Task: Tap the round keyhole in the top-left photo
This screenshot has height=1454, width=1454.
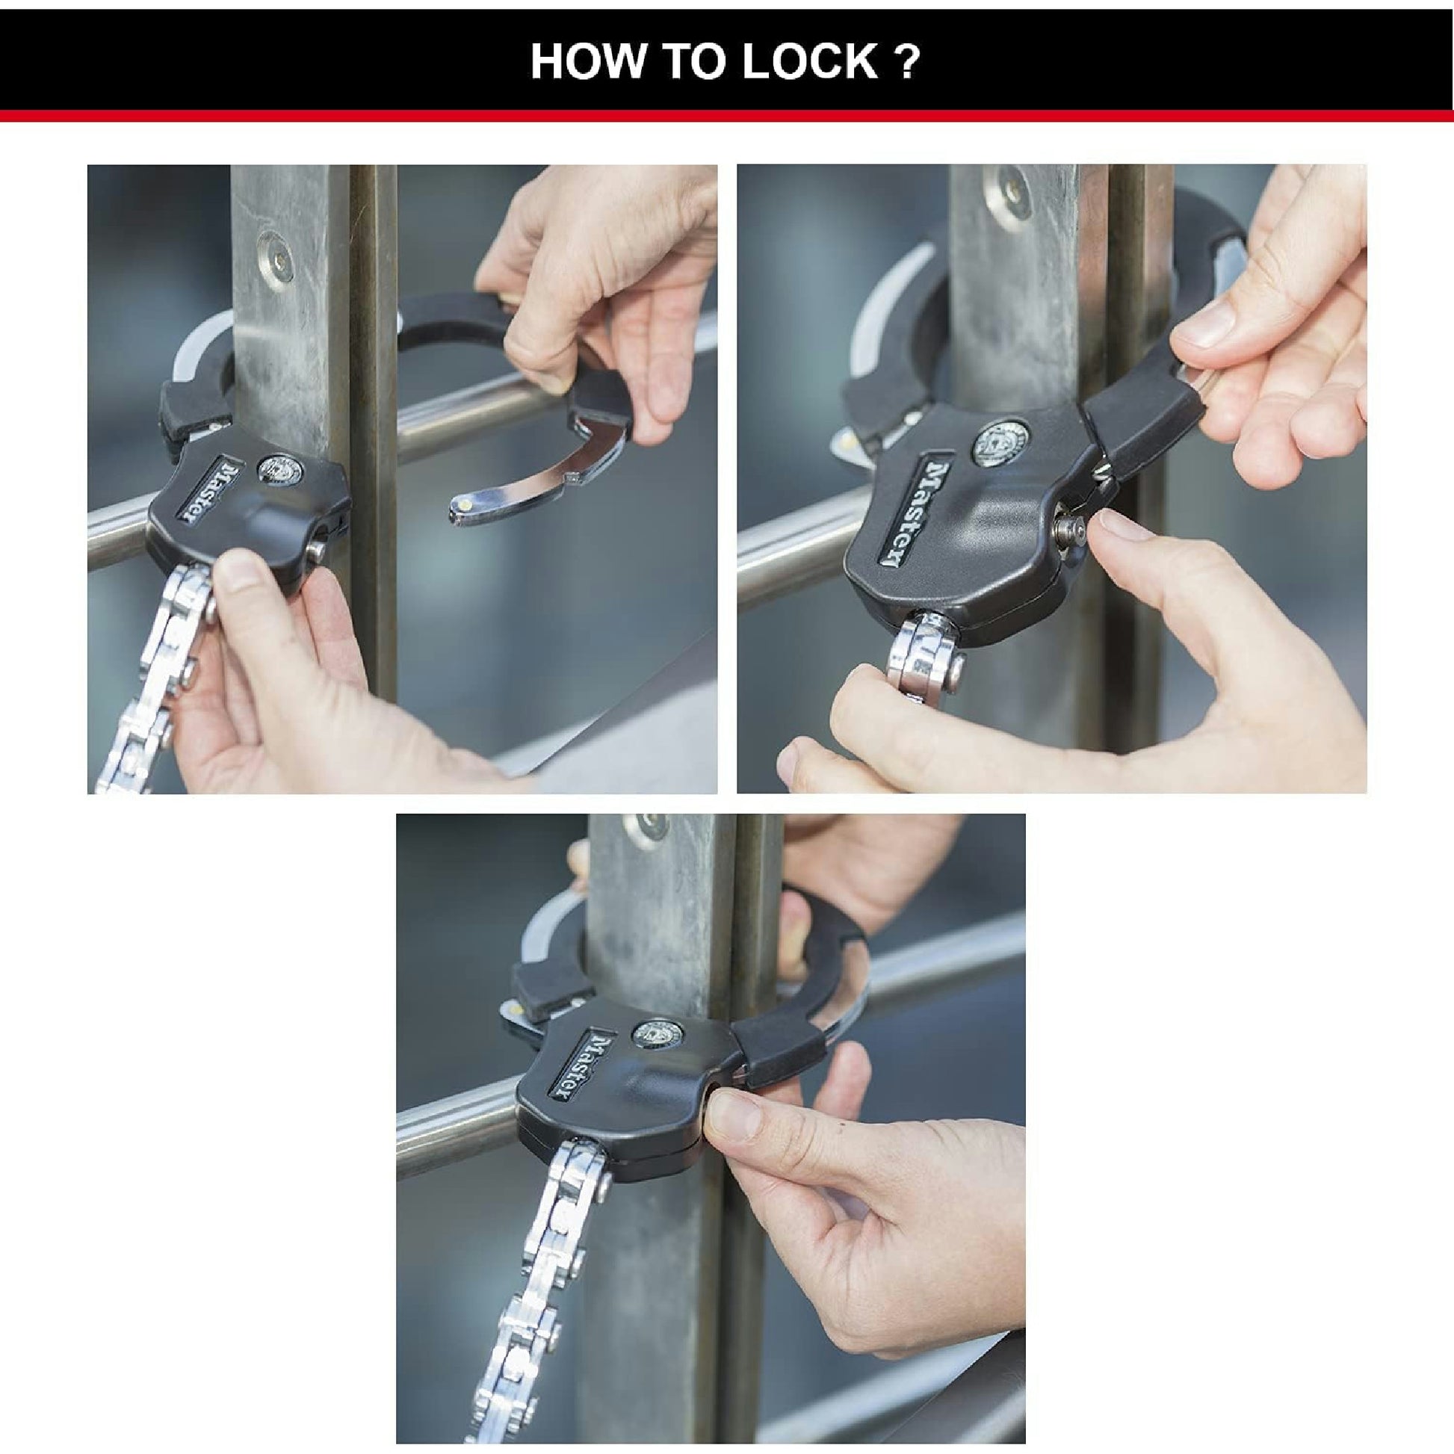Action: [x=279, y=468]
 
